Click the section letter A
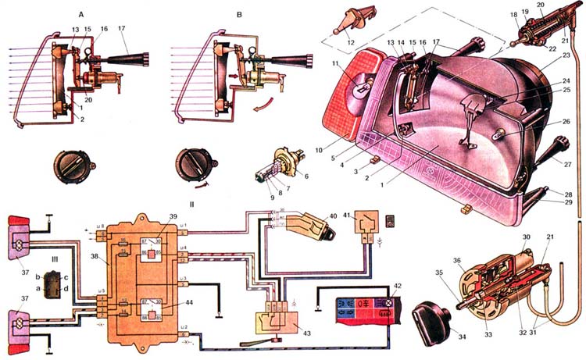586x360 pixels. (x=82, y=13)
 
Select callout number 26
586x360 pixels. (x=566, y=121)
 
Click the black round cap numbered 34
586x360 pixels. (x=429, y=321)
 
